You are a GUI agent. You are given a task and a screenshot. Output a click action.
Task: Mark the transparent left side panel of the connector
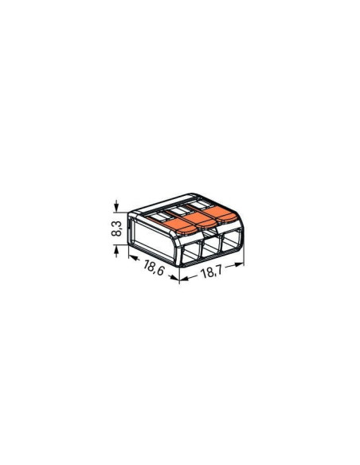pyautogui.click(x=156, y=240)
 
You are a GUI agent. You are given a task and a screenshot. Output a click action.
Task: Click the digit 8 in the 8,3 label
pyautogui.click(x=116, y=235)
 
